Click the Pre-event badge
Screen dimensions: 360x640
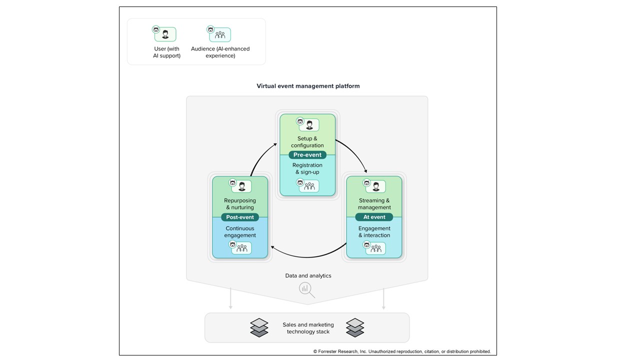(307, 155)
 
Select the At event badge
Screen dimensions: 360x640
(374, 217)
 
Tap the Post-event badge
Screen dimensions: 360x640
(240, 217)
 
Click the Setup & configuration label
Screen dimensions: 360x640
(307, 142)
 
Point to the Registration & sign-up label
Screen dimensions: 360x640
(307, 168)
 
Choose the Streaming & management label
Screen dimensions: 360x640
(374, 204)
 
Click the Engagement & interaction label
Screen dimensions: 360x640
(374, 232)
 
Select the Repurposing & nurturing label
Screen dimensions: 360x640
(240, 204)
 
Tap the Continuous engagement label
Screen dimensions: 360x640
(240, 232)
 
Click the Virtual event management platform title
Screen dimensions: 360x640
(308, 86)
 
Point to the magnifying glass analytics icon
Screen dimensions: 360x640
(305, 289)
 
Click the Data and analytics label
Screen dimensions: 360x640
(308, 275)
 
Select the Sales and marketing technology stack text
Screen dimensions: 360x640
(308, 328)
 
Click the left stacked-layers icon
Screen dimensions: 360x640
(259, 327)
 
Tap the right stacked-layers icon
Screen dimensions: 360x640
(355, 327)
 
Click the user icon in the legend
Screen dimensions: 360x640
(164, 34)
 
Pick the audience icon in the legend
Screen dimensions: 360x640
(219, 34)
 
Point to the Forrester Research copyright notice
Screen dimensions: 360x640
(402, 351)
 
